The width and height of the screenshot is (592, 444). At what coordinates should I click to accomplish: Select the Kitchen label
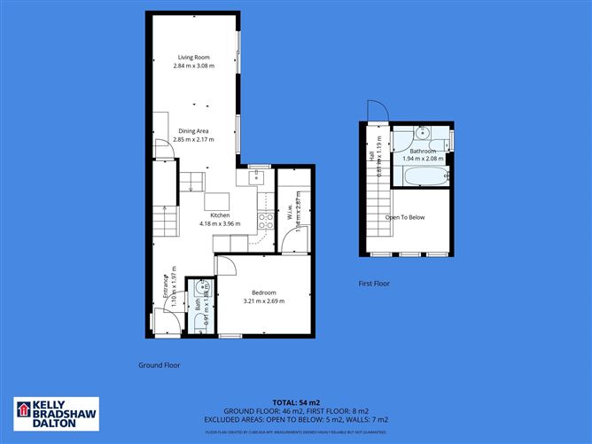click(x=219, y=215)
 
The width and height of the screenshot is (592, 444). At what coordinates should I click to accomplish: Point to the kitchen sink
click(x=258, y=176)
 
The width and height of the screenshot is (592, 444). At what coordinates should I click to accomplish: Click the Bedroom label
click(x=263, y=292)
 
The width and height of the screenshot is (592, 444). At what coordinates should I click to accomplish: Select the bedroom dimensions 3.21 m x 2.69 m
click(x=263, y=301)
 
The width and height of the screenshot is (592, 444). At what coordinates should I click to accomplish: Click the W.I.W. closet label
click(x=290, y=214)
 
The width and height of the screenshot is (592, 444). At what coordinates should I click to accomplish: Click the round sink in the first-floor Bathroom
click(x=423, y=134)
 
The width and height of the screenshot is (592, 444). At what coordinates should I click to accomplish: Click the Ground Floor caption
click(x=160, y=365)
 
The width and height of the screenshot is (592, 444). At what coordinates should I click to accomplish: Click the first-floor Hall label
click(x=370, y=154)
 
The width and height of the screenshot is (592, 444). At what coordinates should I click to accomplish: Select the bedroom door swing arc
click(x=226, y=264)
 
